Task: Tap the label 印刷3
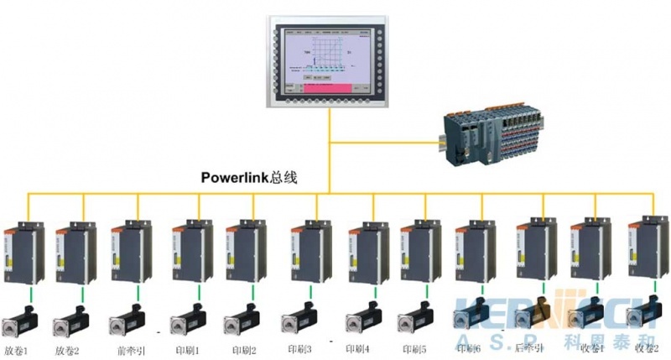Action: (299, 348)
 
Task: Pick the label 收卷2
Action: (648, 348)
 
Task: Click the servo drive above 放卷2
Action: (74, 253)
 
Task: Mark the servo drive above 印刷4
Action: (367, 253)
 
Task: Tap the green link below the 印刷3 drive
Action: (309, 295)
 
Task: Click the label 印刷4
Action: (357, 348)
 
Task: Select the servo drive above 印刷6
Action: (474, 253)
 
